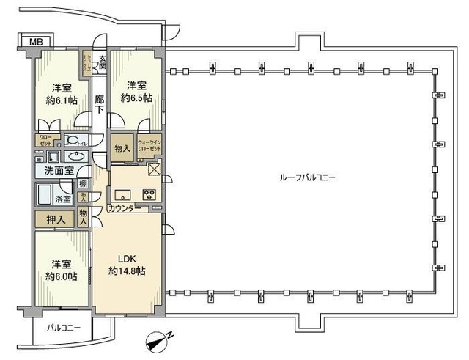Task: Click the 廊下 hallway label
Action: click(x=100, y=105)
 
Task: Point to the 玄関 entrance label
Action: click(x=102, y=62)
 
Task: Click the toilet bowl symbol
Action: click(x=71, y=140)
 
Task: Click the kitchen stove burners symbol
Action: click(x=150, y=195)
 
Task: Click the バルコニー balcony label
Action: click(x=58, y=328)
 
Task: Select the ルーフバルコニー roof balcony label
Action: click(x=307, y=178)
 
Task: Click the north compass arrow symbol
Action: click(x=158, y=339)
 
